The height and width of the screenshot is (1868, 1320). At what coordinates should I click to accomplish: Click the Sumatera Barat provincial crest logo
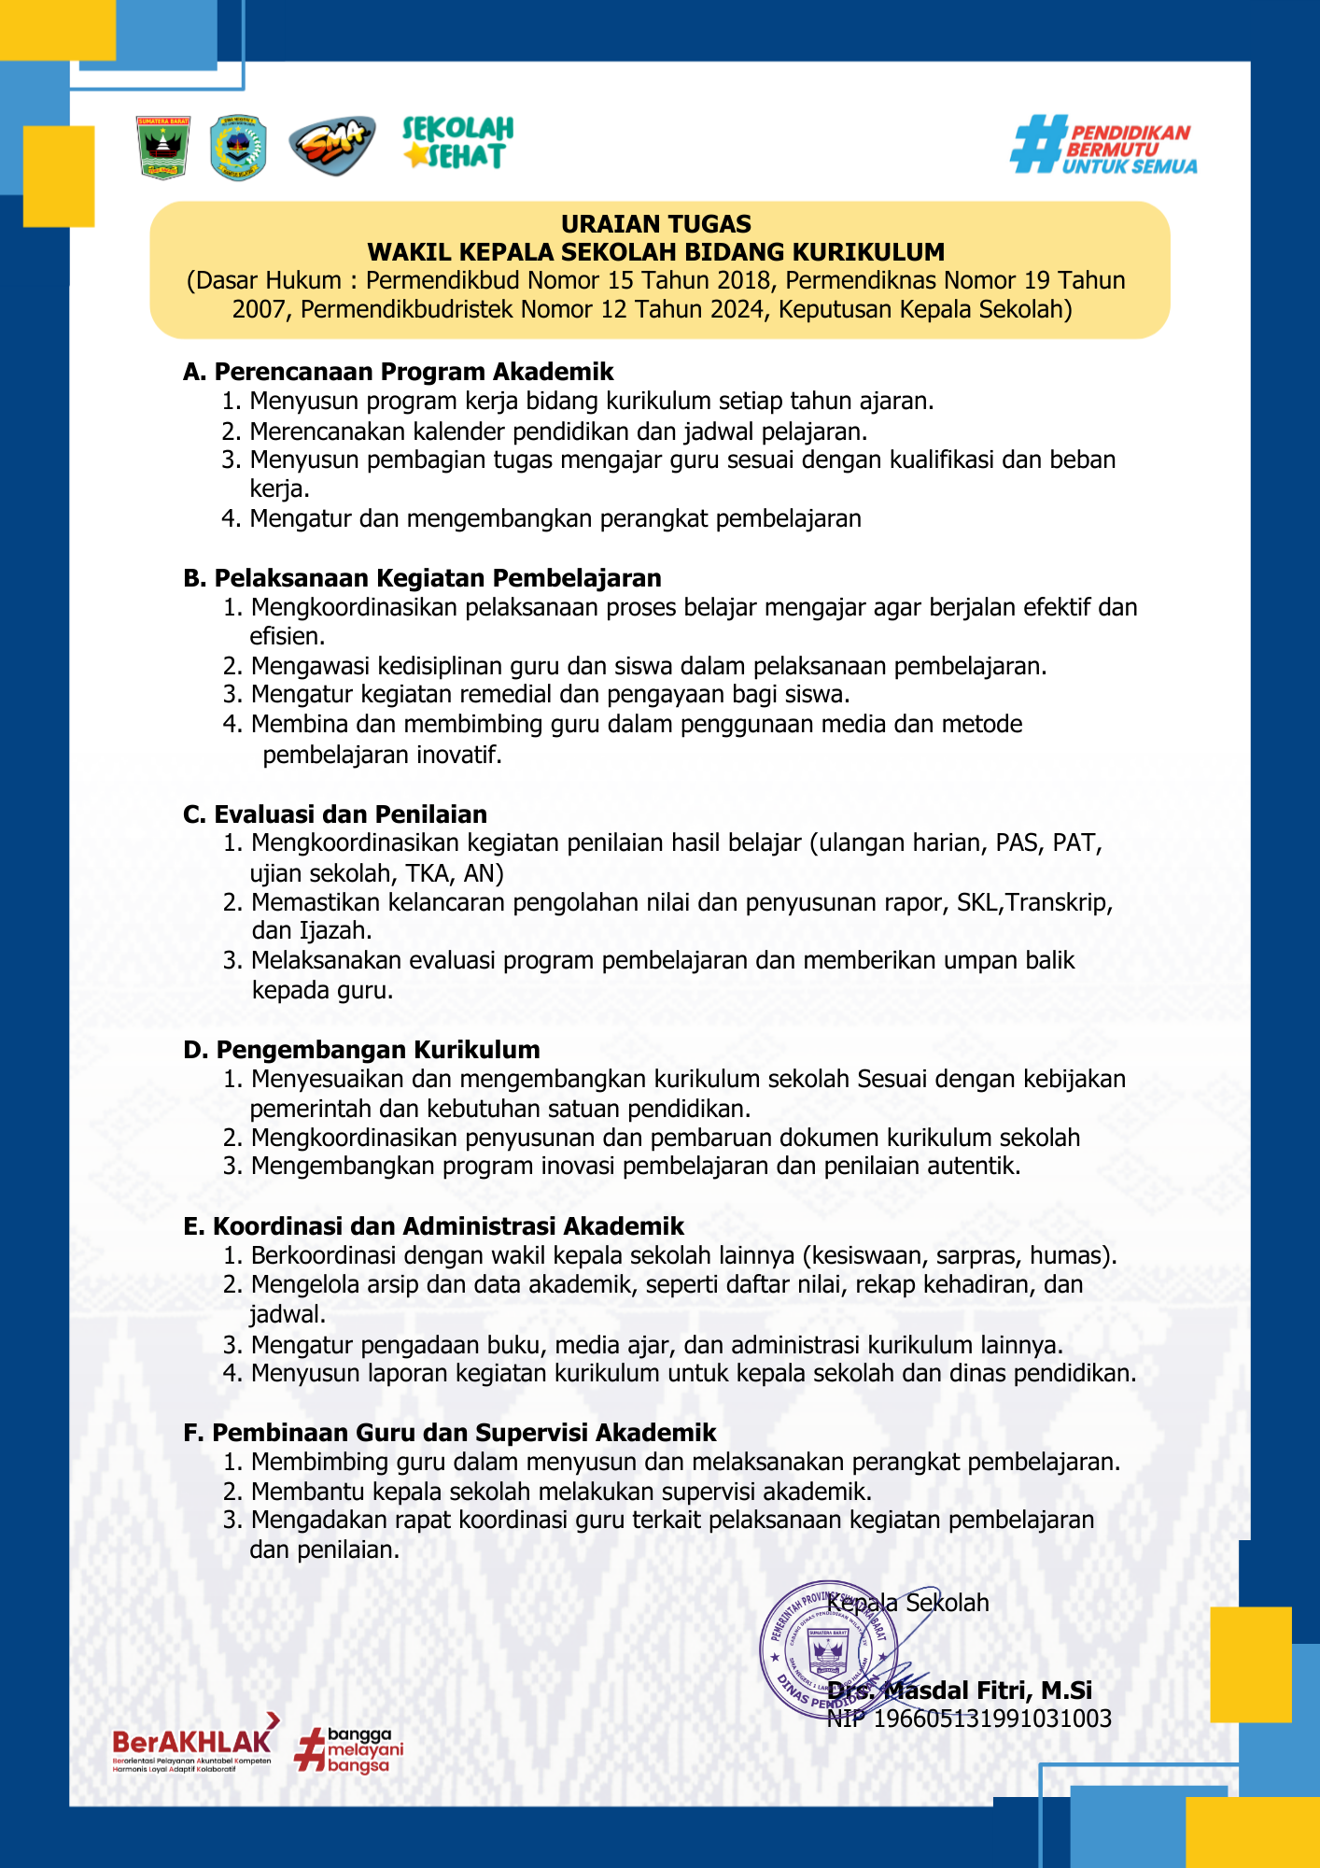point(163,148)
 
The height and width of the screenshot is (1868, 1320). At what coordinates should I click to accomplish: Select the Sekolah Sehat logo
point(457,143)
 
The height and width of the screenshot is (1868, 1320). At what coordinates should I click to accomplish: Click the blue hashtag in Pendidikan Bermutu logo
point(1038,144)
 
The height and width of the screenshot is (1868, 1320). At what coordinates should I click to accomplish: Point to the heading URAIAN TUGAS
point(656,224)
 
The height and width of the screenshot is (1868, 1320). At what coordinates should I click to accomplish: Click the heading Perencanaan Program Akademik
point(414,372)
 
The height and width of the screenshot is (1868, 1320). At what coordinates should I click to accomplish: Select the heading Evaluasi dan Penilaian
point(350,814)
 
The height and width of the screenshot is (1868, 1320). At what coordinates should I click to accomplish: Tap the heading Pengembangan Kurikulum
point(377,1050)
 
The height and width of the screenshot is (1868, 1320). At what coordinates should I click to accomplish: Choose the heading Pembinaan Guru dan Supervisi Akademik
point(464,1433)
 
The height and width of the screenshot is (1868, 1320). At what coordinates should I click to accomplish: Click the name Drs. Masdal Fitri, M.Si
point(960,1691)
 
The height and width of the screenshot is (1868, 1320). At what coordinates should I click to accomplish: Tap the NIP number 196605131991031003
point(992,1719)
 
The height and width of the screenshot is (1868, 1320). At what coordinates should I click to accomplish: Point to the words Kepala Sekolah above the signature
point(908,1603)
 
